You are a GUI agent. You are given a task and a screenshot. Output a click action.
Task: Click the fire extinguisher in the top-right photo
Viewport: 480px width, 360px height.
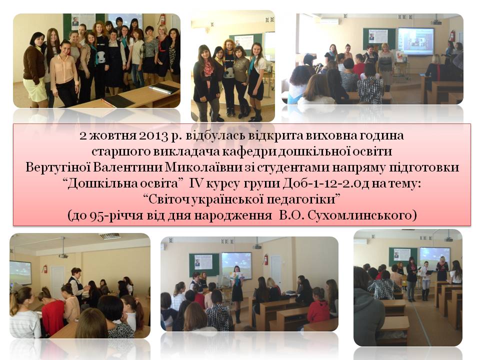point(452,35)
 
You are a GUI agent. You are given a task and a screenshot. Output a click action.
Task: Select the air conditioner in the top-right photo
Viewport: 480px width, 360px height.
point(328,21)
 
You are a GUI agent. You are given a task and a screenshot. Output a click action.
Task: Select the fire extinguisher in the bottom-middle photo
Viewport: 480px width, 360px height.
point(265,259)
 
